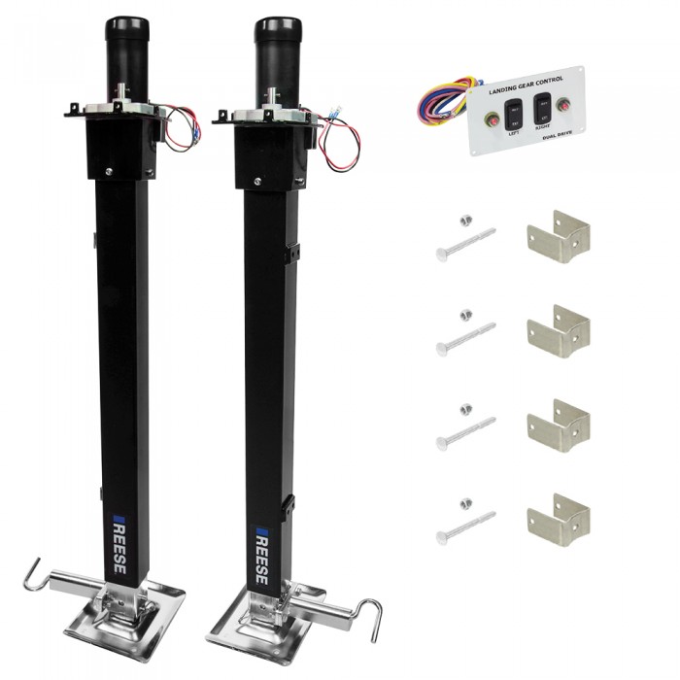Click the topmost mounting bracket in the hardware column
[x=558, y=236]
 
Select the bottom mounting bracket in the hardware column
[x=558, y=518]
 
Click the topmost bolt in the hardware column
[x=465, y=242]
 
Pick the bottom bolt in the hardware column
[x=465, y=523]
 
